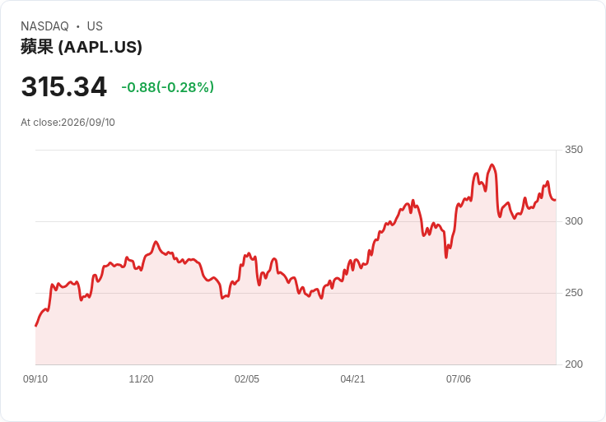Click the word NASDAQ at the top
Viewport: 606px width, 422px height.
pyautogui.click(x=44, y=26)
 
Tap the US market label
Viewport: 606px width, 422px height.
pyautogui.click(x=95, y=26)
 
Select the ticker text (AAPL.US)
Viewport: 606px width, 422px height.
pyautogui.click(x=100, y=47)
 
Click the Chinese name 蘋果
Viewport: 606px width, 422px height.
pyautogui.click(x=37, y=47)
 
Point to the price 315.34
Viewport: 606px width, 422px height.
pyautogui.click(x=63, y=86)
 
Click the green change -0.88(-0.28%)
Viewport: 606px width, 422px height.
pyautogui.click(x=167, y=87)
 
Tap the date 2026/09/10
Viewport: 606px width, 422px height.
pyautogui.click(x=88, y=123)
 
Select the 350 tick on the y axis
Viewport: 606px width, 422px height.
pyautogui.click(x=574, y=150)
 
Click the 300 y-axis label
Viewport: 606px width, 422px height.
pyautogui.click(x=574, y=221)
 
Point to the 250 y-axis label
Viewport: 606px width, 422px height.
pyautogui.click(x=574, y=293)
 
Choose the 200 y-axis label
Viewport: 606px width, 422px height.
pyautogui.click(x=574, y=364)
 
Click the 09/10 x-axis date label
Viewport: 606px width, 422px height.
pyautogui.click(x=35, y=379)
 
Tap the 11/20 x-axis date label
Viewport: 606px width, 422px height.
pyautogui.click(x=141, y=379)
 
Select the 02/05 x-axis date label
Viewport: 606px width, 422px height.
pyautogui.click(x=246, y=379)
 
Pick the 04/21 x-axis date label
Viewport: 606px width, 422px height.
pyautogui.click(x=352, y=379)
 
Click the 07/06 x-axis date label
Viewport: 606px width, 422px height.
pyautogui.click(x=459, y=379)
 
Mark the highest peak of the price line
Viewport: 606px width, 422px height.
pyautogui.click(x=492, y=165)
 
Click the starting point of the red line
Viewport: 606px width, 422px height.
pyautogui.click(x=36, y=326)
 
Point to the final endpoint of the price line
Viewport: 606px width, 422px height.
pyautogui.click(x=556, y=200)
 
